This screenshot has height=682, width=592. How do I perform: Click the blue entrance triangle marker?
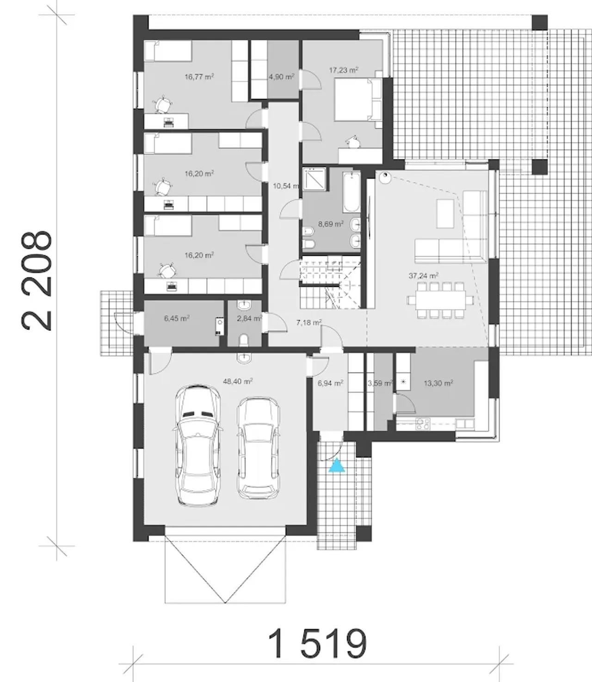pyautogui.click(x=337, y=465)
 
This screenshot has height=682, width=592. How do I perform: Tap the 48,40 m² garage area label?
pyautogui.click(x=238, y=381)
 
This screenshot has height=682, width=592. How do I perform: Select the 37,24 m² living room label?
pyautogui.click(x=424, y=275)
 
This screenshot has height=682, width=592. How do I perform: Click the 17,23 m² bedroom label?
pyautogui.click(x=344, y=70)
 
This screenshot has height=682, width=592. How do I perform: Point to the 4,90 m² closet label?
pyautogui.click(x=282, y=77)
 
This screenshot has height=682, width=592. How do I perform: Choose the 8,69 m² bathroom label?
pyautogui.click(x=331, y=224)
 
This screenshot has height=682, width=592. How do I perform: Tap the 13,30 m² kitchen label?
pyautogui.click(x=438, y=383)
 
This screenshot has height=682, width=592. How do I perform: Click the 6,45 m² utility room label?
pyautogui.click(x=177, y=318)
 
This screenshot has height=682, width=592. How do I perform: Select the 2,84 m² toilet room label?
pyautogui.click(x=250, y=318)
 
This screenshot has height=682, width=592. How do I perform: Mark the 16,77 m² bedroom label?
pyautogui.click(x=199, y=77)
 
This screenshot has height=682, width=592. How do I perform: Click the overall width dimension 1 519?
pyautogui.click(x=317, y=643)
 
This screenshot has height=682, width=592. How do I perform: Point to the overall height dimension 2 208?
pyautogui.click(x=37, y=280)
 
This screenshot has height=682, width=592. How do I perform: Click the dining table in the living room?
pyautogui.click(x=441, y=300)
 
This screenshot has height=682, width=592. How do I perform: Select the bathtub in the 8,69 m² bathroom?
pyautogui.click(x=351, y=192)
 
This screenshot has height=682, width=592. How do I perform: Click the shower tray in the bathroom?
pyautogui.click(x=314, y=179)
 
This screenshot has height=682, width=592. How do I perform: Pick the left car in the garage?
pyautogui.click(x=197, y=445)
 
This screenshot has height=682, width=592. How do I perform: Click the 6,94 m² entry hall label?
pyautogui.click(x=330, y=383)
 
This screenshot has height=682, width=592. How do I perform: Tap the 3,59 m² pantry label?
pyautogui.click(x=380, y=383)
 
